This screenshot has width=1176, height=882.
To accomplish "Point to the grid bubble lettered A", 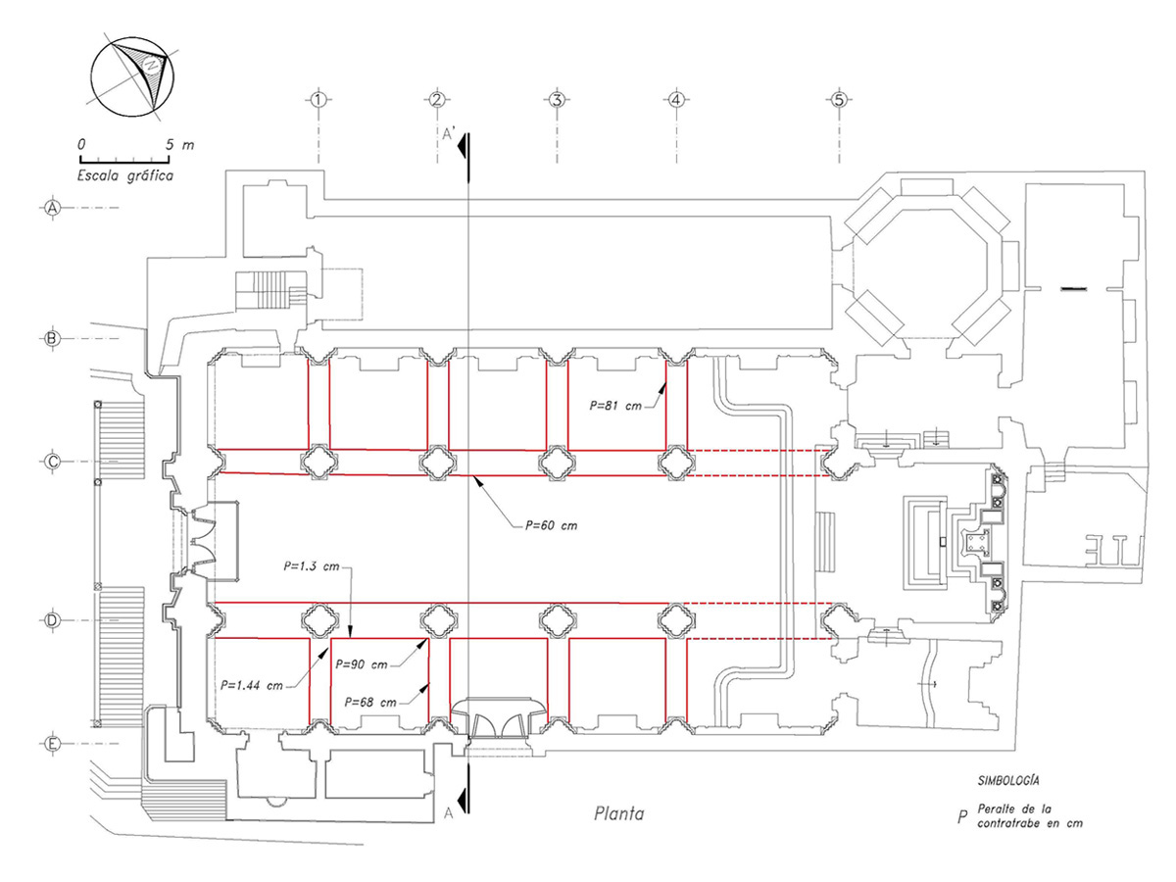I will coord(54,208).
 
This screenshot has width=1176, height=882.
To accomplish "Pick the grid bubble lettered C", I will coord(54,461).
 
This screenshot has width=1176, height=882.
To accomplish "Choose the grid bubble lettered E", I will coord(54,744).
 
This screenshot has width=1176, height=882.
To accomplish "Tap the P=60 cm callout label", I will coord(551,525).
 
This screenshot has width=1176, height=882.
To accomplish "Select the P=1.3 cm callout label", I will coord(310,566).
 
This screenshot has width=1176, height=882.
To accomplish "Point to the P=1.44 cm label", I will coord(253,685).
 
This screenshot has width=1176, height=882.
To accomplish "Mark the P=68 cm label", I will coord(373,702).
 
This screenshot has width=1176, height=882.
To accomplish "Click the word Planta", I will coord(620,812).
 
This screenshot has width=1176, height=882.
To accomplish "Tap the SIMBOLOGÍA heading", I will coord(1008,781).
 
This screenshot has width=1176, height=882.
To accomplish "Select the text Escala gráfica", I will coord(125,176).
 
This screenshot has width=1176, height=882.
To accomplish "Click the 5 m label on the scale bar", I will coord(179,144).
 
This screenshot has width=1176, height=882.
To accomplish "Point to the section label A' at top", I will coord(449,136).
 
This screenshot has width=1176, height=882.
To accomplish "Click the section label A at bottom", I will coord(448,812).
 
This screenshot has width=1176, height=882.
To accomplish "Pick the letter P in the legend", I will coord(962,816).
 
